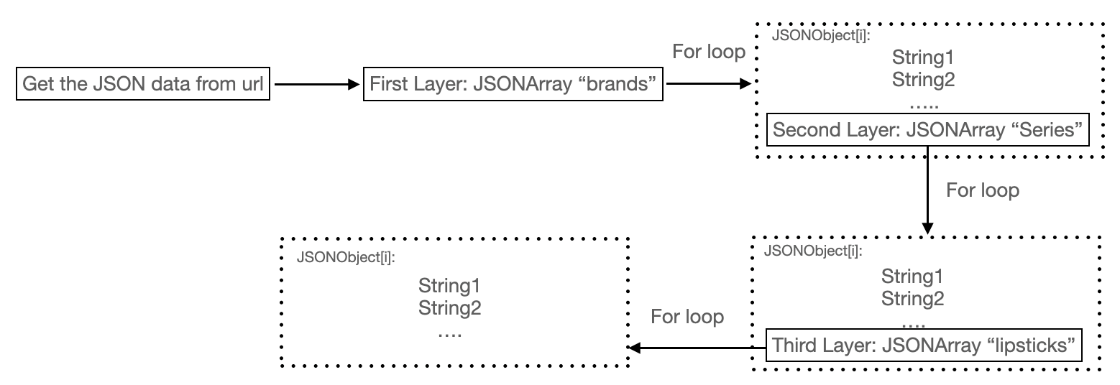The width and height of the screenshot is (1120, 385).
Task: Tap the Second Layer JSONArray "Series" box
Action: [927, 131]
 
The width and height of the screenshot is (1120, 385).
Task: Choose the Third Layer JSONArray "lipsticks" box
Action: [924, 345]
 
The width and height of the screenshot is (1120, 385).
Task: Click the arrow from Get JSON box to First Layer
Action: [315, 84]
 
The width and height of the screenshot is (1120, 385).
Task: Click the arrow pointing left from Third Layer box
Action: [697, 348]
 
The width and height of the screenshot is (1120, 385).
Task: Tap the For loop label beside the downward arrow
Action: [983, 190]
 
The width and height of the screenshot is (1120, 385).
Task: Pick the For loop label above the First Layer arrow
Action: [709, 52]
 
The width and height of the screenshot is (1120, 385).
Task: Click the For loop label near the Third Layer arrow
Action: [687, 317]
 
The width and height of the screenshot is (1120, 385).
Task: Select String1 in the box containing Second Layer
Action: [923, 57]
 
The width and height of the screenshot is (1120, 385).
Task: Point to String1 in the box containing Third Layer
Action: [913, 276]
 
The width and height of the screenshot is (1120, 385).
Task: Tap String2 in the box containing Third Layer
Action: [913, 298]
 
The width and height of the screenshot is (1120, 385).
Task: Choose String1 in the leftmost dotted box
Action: [449, 287]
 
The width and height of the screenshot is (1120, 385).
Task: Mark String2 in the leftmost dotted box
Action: [449, 309]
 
